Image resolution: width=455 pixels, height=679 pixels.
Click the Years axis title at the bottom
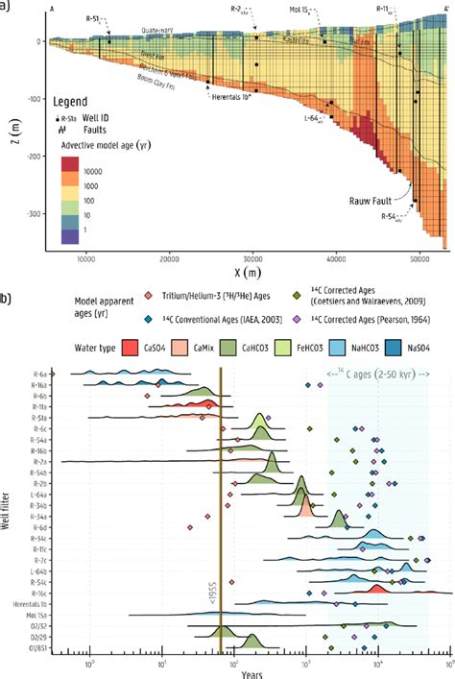252,672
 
